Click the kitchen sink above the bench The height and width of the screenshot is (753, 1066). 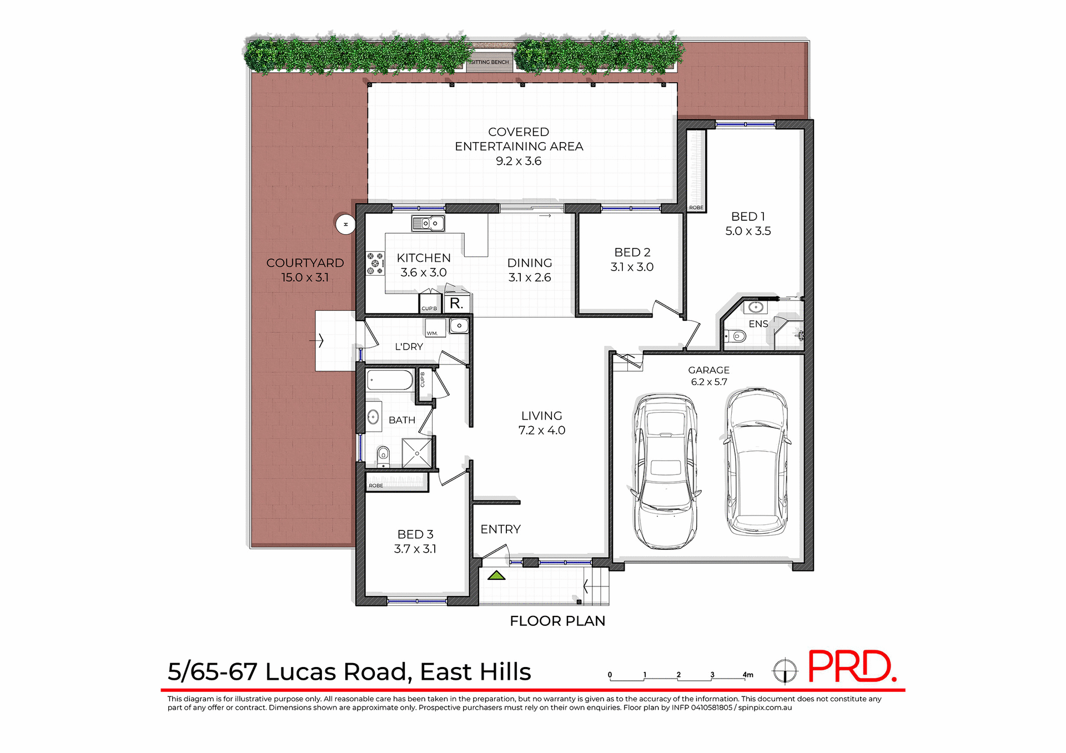(428, 224)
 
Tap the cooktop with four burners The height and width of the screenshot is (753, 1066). (375, 264)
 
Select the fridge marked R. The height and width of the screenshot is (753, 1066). (457, 303)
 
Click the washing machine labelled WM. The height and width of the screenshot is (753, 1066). (435, 327)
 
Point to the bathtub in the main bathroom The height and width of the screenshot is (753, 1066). (390, 381)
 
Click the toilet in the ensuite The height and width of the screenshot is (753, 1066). (737, 336)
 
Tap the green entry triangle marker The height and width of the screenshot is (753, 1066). (496, 576)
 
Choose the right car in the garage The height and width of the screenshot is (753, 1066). (757, 462)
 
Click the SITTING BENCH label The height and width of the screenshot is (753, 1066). (489, 62)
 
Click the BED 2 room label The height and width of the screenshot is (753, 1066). (632, 252)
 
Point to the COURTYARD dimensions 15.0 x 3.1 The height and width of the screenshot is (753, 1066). (305, 277)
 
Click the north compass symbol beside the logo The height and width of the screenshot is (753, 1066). (785, 671)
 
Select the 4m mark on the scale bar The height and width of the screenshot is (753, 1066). (747, 675)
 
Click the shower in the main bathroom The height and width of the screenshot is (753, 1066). (416, 453)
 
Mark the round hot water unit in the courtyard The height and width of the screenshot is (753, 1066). (345, 224)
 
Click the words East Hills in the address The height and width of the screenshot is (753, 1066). (475, 672)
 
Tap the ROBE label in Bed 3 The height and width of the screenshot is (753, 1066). (376, 486)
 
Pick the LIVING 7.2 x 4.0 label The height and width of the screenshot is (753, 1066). (541, 423)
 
